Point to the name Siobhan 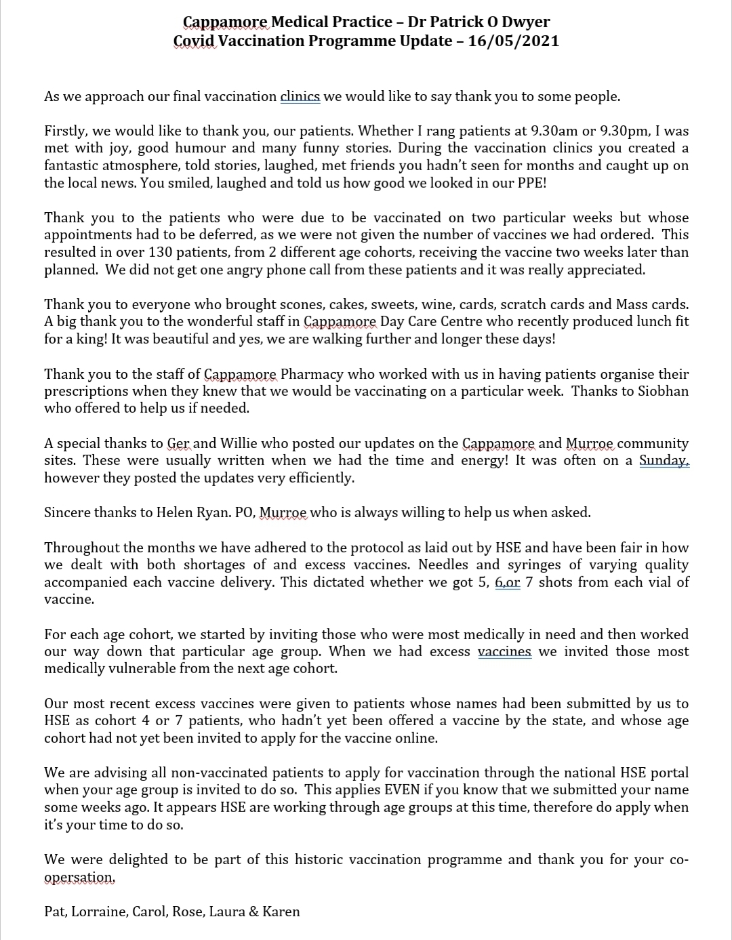(663, 391)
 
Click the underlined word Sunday (664, 461)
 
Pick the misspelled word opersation (79, 877)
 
